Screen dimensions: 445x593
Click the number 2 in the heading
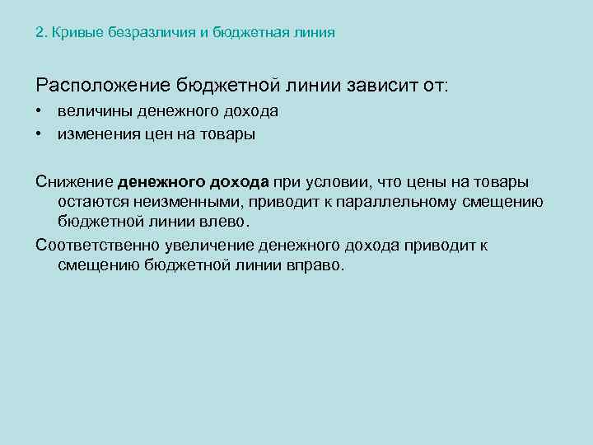pos(39,33)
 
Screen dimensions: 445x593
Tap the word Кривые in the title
pos(72,33)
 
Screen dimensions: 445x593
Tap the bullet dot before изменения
pos(40,133)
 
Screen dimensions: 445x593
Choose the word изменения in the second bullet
pos(96,133)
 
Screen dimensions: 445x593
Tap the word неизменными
pos(180,203)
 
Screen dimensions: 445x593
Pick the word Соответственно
pos(93,245)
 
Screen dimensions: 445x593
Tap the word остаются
pos(90,203)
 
